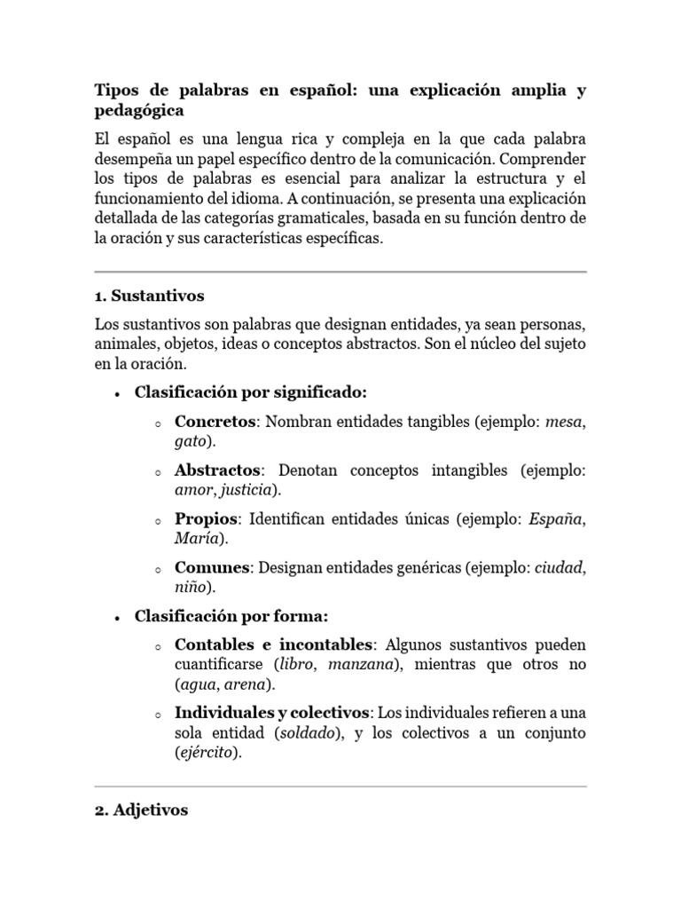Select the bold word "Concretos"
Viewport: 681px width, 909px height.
click(x=215, y=421)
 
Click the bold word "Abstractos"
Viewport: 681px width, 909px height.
click(x=218, y=470)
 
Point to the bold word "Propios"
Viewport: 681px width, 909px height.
click(x=207, y=518)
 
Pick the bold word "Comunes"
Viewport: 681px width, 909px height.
click(x=213, y=566)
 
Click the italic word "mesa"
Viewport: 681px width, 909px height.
click(x=565, y=422)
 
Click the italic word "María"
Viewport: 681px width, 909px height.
click(x=193, y=539)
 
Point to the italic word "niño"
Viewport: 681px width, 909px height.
click(x=190, y=587)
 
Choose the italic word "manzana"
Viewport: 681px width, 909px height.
click(x=353, y=664)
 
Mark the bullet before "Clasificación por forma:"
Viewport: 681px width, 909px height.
click(x=117, y=616)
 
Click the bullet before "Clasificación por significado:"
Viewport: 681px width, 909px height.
click(x=117, y=393)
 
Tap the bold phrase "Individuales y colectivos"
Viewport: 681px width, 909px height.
click(x=271, y=713)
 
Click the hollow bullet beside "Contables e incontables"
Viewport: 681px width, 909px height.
click(x=156, y=645)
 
